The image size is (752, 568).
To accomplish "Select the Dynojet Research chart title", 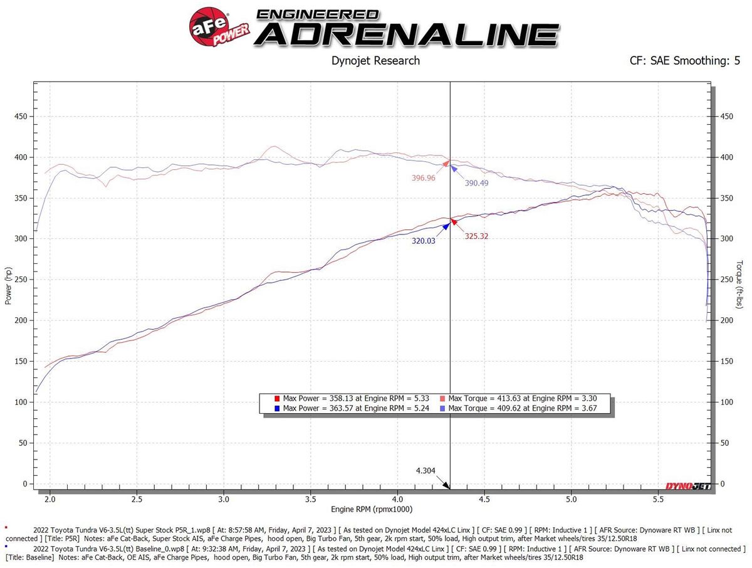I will pos(375,61).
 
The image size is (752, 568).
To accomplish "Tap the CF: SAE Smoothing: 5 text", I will pos(684,61).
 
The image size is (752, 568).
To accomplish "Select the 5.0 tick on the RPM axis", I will pos(571,500).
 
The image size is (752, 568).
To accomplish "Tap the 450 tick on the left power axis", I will pos(23,117).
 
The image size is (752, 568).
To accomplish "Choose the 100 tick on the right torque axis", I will pos(728,402).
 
